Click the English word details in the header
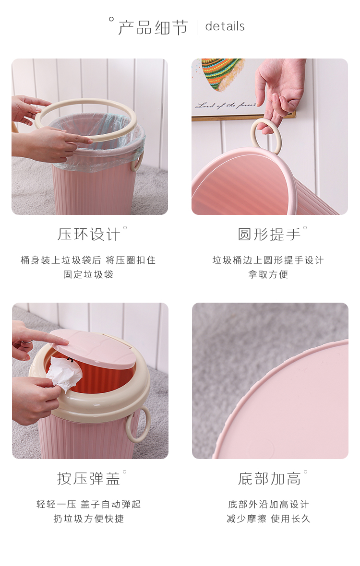coord(225,26)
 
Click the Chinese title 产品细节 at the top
coord(153,27)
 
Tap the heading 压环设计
coord(88,234)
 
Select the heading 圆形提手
coord(269,234)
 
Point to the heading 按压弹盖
coord(88,478)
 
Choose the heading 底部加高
coord(269,479)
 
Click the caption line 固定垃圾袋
coord(88,275)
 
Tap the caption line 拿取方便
coord(268,275)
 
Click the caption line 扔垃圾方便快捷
coord(88,519)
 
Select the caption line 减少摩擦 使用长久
coord(268,519)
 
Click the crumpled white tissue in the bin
coord(64,374)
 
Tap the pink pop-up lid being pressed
coord(95,348)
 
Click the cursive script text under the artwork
coord(226,105)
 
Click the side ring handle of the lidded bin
coord(139,424)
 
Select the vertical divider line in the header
coord(197,27)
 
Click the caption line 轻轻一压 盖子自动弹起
coord(88,504)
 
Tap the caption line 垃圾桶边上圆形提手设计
coord(268,260)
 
